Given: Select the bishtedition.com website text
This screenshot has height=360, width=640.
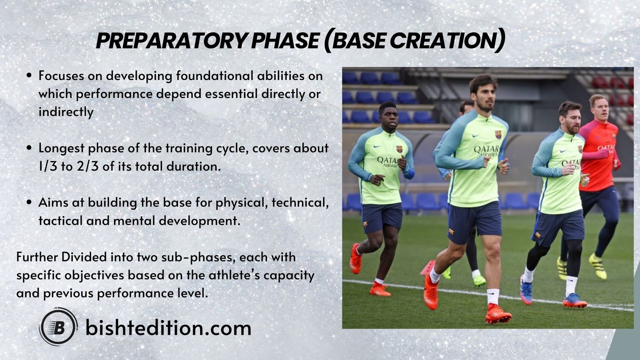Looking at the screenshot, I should [168, 328].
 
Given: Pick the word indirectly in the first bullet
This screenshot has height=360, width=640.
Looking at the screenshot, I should [66, 112].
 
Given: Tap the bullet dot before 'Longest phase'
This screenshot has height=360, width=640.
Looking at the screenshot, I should [29, 148].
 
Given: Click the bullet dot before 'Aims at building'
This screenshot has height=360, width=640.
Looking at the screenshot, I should [29, 202].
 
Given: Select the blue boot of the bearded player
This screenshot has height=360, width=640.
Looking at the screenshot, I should [574, 302].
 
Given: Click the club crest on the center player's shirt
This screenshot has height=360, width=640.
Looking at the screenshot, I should [498, 134].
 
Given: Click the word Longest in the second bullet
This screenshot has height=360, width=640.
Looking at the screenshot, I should [61, 148].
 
